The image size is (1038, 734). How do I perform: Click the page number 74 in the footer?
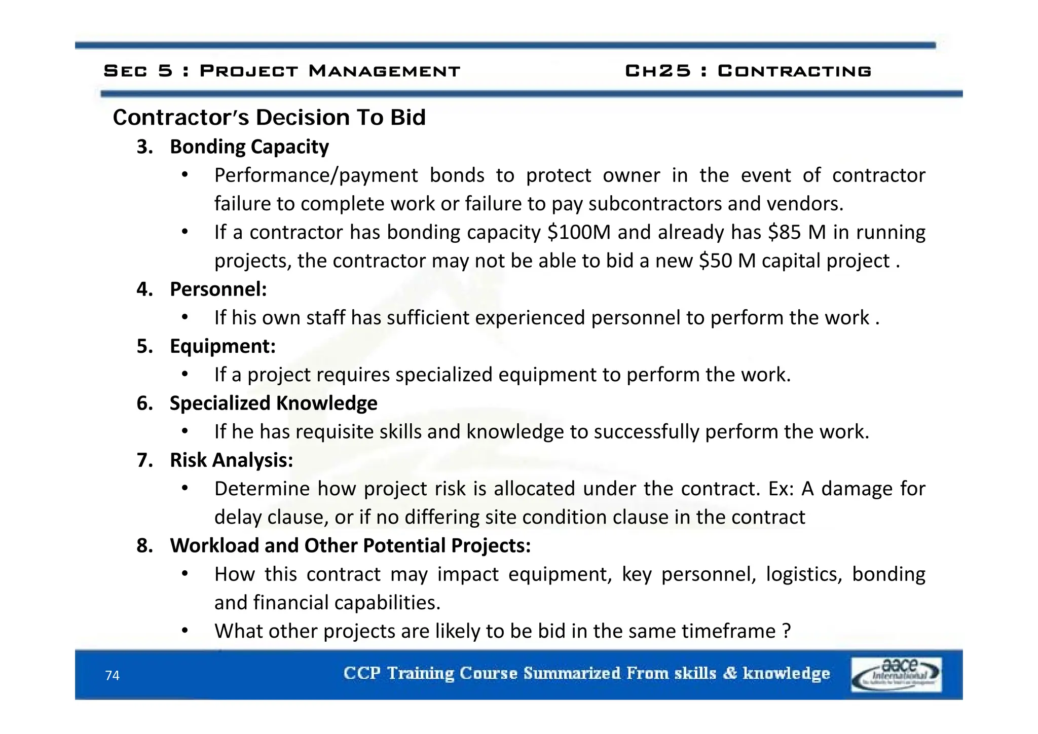point(112,675)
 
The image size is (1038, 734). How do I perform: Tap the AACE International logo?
point(896,674)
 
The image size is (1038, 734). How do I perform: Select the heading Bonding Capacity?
point(249,146)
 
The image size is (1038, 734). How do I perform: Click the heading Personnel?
point(218,289)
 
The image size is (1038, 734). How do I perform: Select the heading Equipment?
point(223,346)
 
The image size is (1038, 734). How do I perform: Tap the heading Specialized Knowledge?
point(273,403)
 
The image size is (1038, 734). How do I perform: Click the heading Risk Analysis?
point(231,460)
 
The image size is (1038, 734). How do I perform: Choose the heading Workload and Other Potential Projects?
point(350,545)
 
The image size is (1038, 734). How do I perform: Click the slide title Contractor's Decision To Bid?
point(269,117)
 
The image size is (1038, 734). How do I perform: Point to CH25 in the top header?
point(657,70)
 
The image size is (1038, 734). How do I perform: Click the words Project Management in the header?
point(330,70)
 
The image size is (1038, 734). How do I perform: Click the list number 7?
point(144,460)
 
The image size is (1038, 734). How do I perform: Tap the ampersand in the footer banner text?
point(729,673)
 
